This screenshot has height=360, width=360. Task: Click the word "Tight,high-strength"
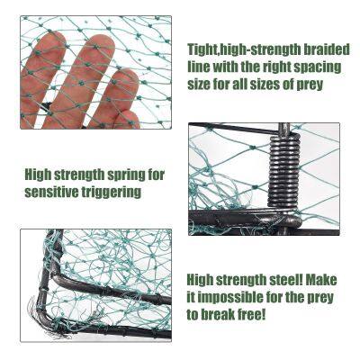(244, 50)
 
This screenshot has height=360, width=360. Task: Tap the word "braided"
(327, 49)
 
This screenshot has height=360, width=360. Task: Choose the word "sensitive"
(51, 192)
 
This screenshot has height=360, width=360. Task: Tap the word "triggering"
(112, 193)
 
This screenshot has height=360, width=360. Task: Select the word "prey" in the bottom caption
(321, 299)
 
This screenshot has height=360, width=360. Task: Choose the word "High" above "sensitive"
(38, 175)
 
